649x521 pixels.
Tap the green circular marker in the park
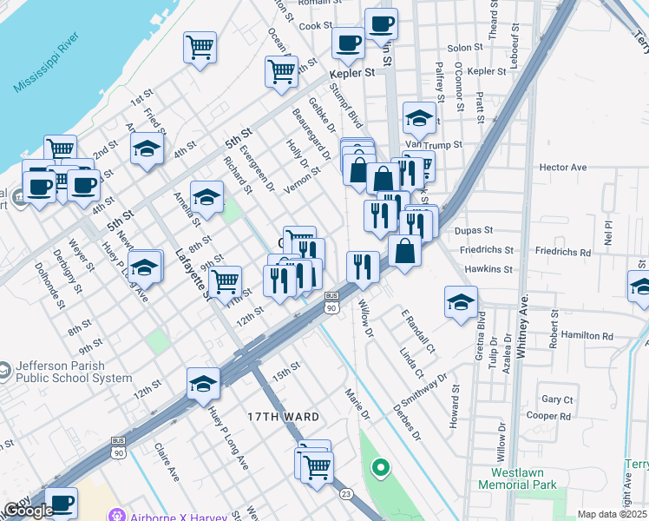[379, 470]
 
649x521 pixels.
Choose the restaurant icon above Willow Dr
[363, 267]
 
